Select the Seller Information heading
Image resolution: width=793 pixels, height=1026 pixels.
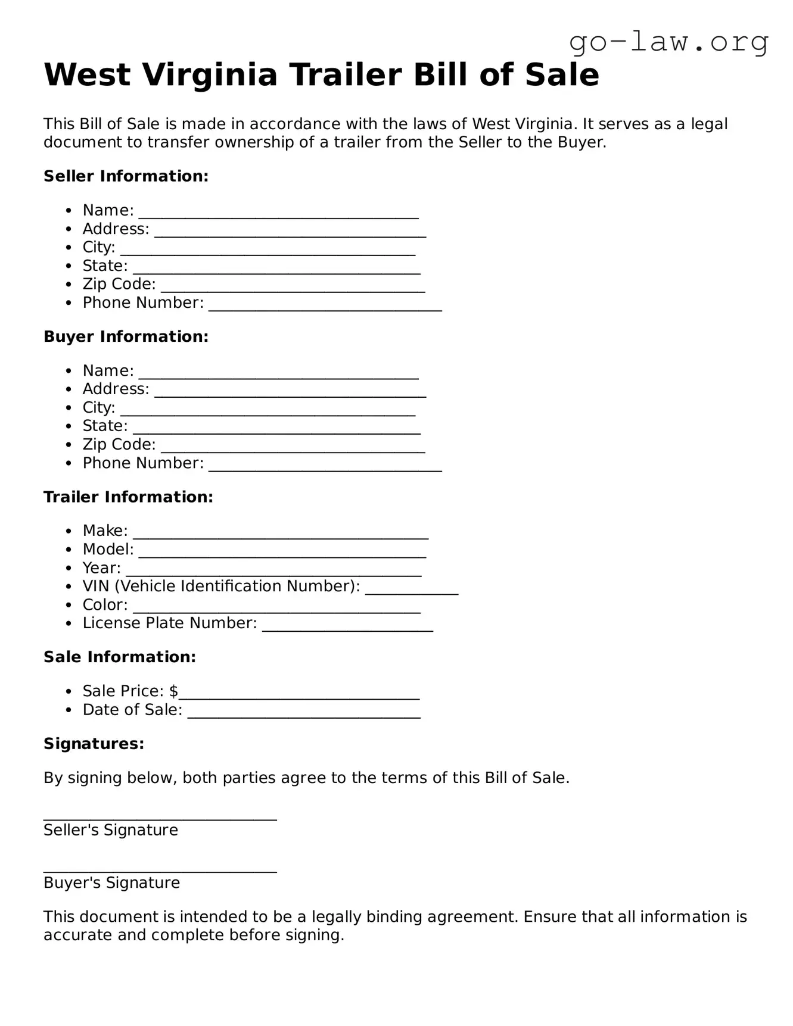126,176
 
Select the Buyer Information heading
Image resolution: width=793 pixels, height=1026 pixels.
126,336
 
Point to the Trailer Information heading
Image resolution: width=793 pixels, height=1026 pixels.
128,497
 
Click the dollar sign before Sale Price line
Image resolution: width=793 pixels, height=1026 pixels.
173,691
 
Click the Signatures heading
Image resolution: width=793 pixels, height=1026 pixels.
94,744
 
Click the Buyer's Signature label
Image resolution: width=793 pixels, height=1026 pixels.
111,882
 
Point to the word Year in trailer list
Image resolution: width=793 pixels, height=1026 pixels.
101,568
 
